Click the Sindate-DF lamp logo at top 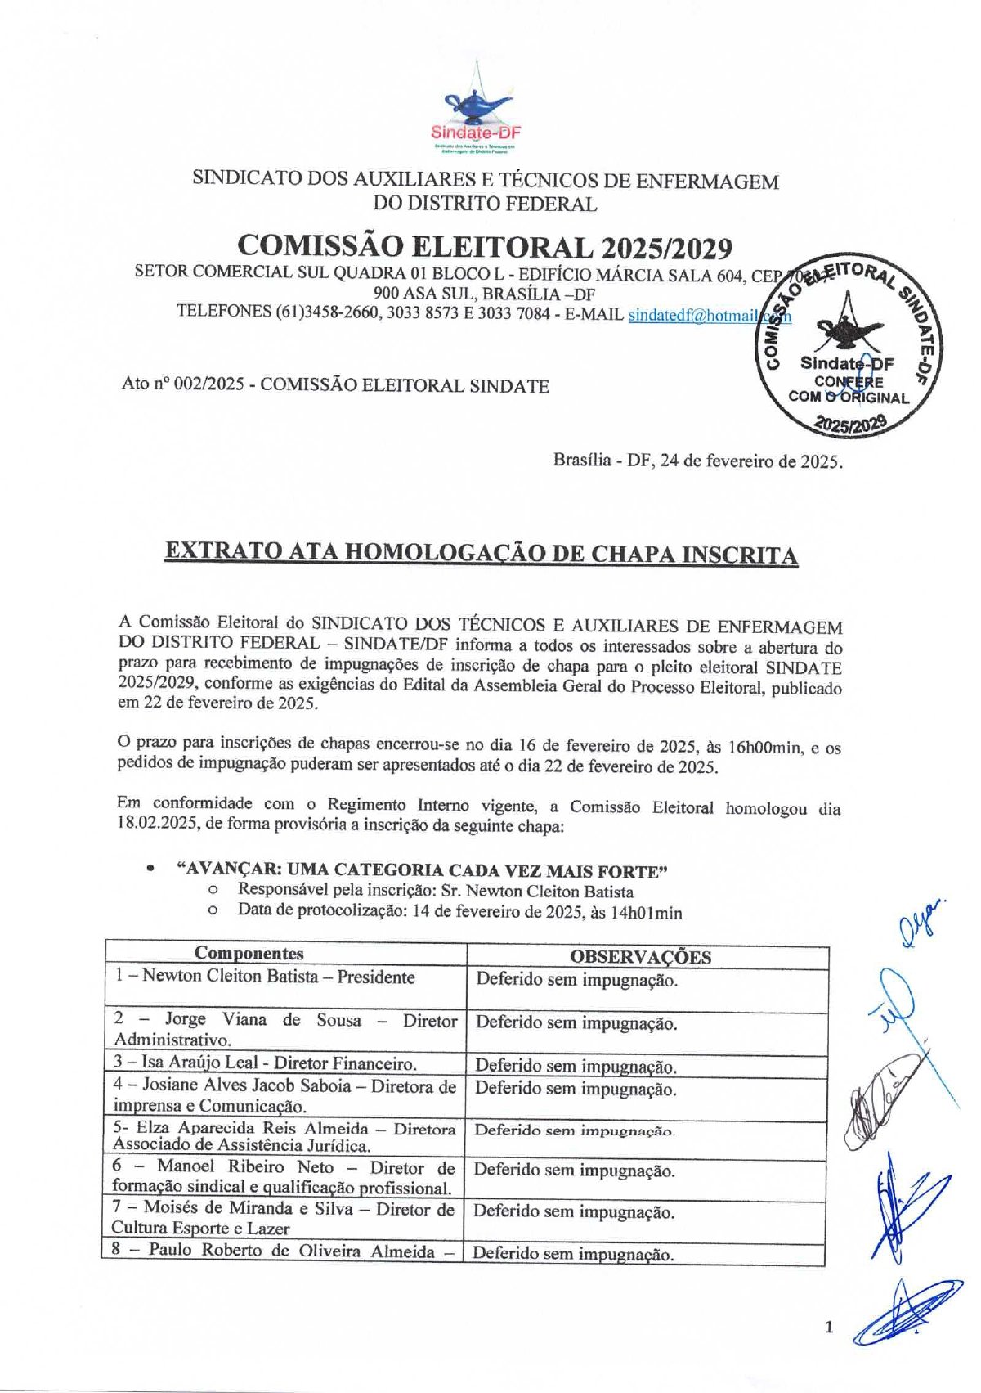(x=478, y=118)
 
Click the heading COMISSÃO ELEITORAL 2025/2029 (x=484, y=246)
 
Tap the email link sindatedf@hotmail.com (x=708, y=314)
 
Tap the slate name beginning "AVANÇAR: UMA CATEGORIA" (x=423, y=870)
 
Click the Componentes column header (x=249, y=953)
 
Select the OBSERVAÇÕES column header (x=640, y=957)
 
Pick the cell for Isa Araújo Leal (x=265, y=1063)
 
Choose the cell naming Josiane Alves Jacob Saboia (x=284, y=1096)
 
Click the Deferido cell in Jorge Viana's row (x=576, y=1022)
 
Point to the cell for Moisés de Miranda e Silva (x=282, y=1218)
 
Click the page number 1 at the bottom (x=830, y=1327)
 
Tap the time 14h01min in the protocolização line (x=646, y=913)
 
